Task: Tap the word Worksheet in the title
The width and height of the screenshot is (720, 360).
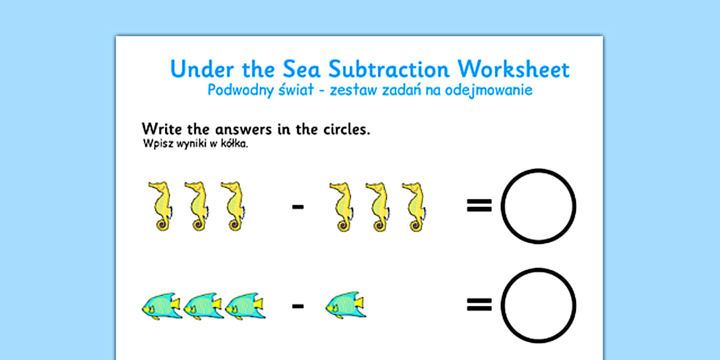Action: [514, 69]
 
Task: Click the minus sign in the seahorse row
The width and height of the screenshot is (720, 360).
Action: [298, 206]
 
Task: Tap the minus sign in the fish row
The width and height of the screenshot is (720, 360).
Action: [298, 306]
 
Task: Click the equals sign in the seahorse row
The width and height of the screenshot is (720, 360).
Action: [479, 206]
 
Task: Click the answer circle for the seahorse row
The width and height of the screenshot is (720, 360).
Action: [538, 206]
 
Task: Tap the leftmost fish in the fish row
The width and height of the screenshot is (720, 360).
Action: [161, 306]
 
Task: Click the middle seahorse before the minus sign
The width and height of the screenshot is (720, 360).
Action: [194, 206]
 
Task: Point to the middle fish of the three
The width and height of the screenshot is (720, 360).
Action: [203, 306]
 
